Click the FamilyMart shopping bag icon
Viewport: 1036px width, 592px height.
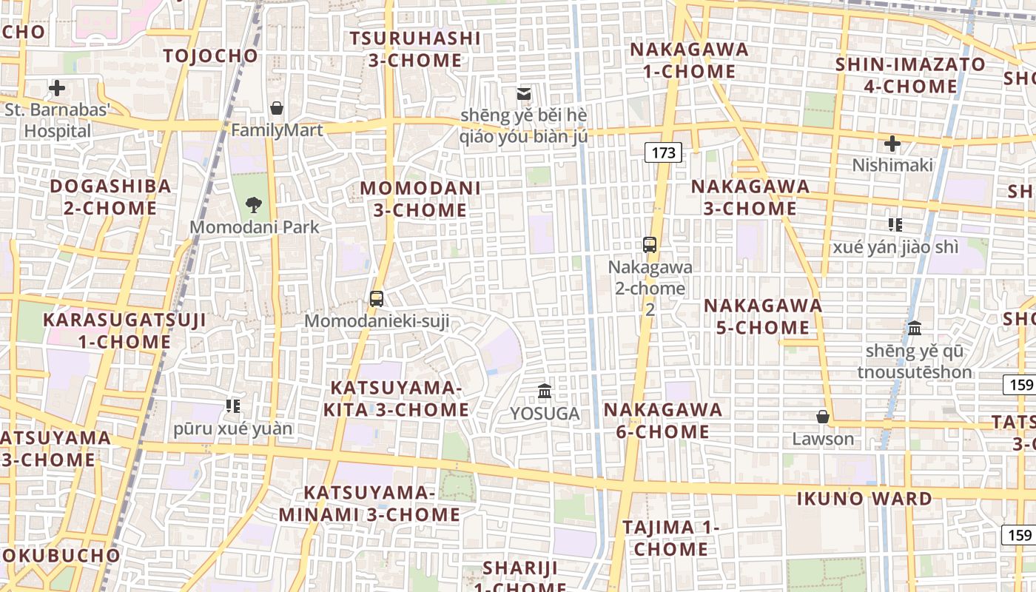pos(277,109)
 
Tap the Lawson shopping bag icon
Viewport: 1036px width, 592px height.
pos(822,417)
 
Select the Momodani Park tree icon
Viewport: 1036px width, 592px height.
pos(254,205)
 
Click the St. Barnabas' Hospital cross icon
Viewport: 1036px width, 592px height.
pos(57,89)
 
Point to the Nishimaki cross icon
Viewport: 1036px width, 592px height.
pos(892,143)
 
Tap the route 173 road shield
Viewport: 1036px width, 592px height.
pos(663,153)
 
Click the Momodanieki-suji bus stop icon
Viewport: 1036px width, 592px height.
pos(377,299)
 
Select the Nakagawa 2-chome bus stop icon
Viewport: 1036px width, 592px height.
pos(650,245)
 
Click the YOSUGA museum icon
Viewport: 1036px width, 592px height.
pos(545,391)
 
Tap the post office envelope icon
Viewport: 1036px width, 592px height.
pos(524,94)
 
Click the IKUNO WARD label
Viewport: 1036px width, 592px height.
pos(864,499)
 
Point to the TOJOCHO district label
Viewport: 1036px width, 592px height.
pos(211,55)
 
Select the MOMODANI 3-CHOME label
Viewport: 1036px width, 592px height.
pos(420,199)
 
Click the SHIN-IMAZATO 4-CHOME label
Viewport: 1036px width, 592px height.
pos(910,75)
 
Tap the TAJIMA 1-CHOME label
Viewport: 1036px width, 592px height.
pos(670,538)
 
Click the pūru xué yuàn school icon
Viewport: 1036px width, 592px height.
pos(233,406)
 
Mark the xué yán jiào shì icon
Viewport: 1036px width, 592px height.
pos(895,224)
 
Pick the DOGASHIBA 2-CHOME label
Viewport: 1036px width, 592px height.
pos(110,197)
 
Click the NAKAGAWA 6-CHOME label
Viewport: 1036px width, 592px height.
pos(663,420)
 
